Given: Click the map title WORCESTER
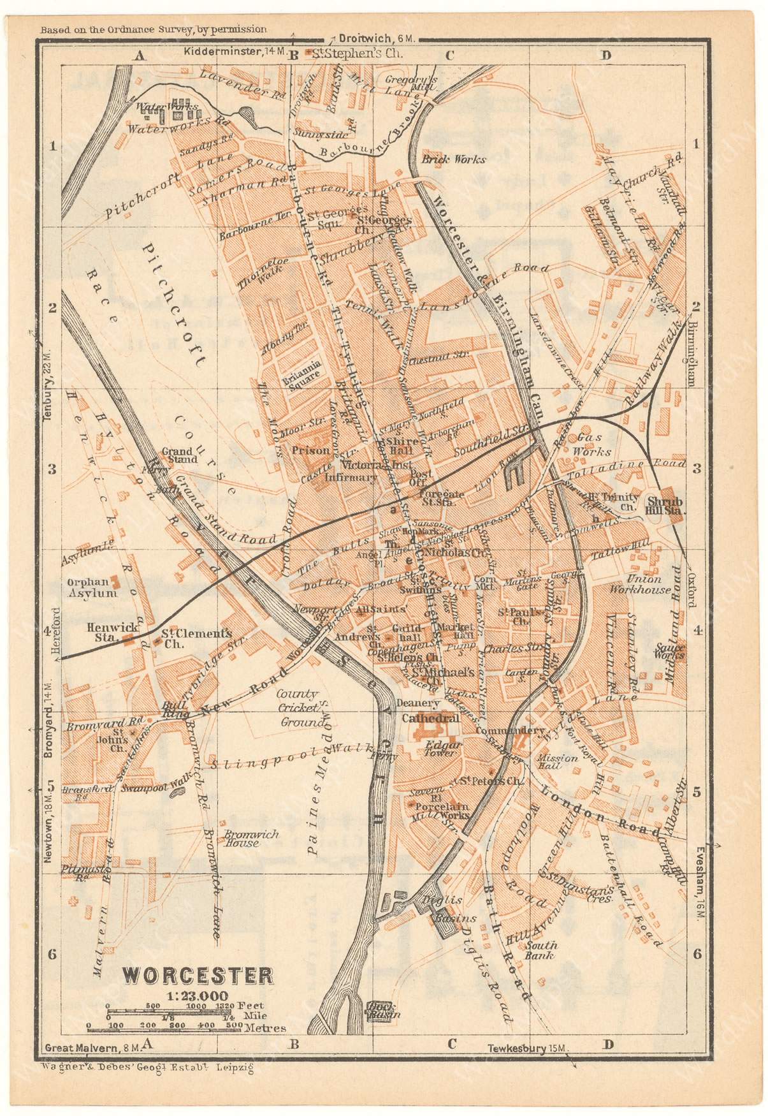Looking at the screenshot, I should pyautogui.click(x=198, y=975).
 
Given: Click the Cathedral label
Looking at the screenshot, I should pyautogui.click(x=430, y=718).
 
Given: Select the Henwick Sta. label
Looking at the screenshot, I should pyautogui.click(x=113, y=628).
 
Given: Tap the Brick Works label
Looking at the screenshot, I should pyautogui.click(x=453, y=159).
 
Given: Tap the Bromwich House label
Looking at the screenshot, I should pyautogui.click(x=240, y=838).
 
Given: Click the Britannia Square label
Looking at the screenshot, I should pyautogui.click(x=302, y=372).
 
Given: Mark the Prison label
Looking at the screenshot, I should pyautogui.click(x=311, y=450).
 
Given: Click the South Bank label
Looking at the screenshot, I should pyautogui.click(x=540, y=950).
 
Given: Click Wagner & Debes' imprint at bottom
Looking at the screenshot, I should pyautogui.click(x=147, y=1068).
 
